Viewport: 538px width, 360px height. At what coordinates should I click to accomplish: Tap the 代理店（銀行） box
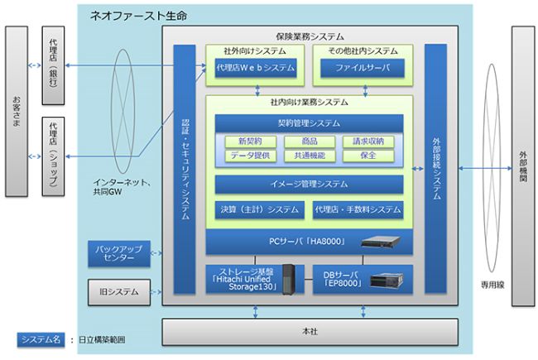54,66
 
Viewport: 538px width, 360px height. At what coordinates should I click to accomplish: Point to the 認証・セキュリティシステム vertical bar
185,170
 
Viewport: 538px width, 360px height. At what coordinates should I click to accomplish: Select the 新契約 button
249,142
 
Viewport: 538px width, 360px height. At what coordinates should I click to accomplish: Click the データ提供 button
249,156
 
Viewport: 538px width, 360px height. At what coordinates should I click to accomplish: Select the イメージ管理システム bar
308,184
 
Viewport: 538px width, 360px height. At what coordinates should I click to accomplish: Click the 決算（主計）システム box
259,210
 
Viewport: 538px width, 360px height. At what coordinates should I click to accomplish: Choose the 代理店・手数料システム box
358,210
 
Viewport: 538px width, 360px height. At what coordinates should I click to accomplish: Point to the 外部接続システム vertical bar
435,170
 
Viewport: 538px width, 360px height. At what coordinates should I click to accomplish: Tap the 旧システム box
118,291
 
